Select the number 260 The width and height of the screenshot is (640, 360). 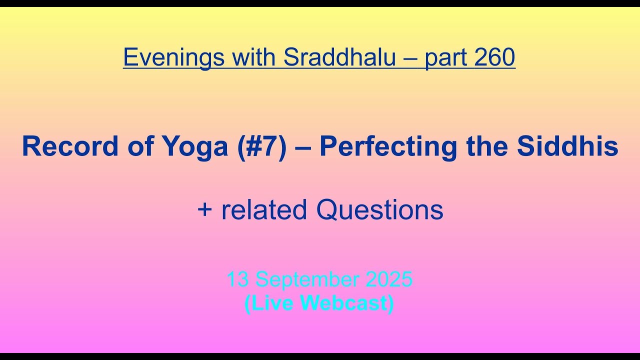coord(495,57)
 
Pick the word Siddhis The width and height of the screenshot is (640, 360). coord(567,146)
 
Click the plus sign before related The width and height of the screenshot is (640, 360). coord(204,210)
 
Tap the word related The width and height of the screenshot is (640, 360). coord(264,209)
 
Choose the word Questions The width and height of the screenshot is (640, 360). coord(379,210)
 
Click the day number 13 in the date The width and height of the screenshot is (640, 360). coord(237,279)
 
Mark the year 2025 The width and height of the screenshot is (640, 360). coord(389,279)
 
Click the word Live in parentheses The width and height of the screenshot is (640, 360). coord(272,303)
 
